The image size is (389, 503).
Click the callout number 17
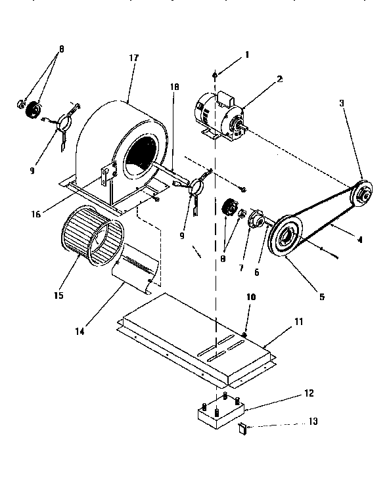134,58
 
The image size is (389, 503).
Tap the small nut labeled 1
216,76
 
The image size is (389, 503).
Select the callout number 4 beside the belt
359,240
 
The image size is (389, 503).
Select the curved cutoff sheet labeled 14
135,270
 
